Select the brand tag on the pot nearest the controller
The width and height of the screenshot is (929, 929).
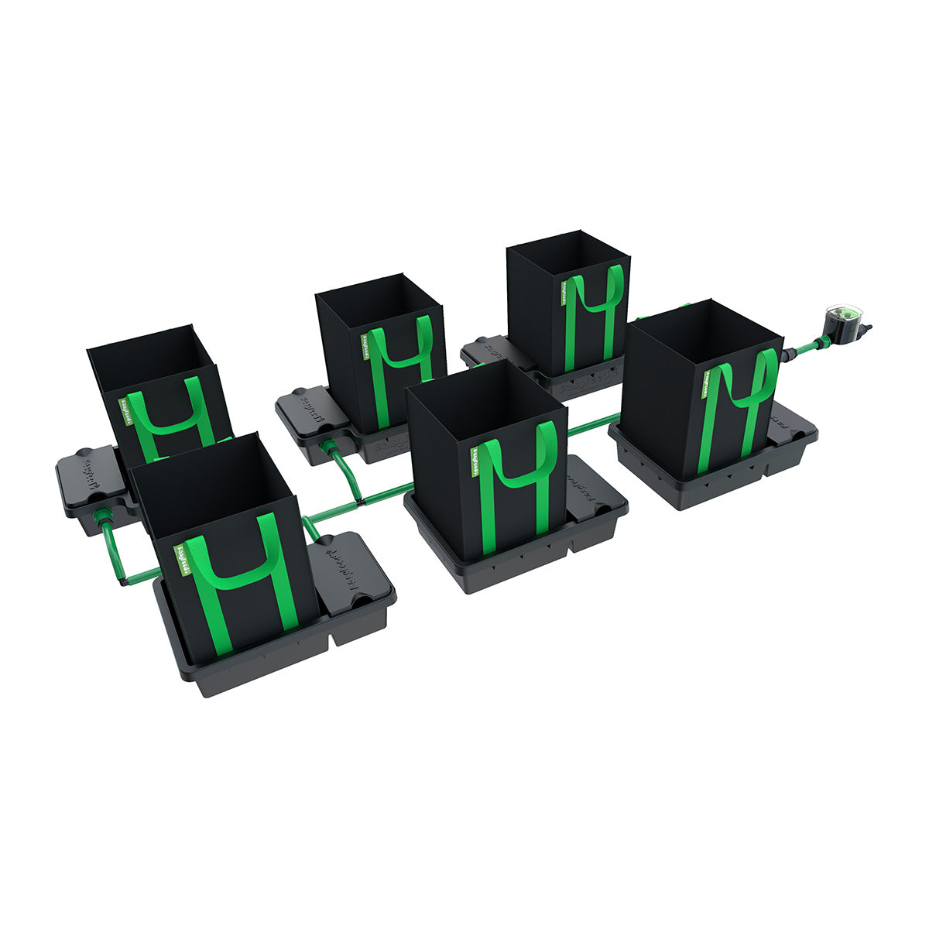point(708,383)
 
